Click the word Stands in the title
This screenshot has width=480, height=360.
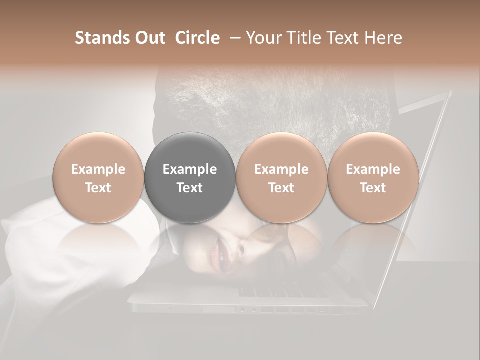(101, 38)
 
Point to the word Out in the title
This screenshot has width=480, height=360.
(149, 38)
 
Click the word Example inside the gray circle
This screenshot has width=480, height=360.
(190, 169)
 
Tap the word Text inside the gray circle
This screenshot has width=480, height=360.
(190, 188)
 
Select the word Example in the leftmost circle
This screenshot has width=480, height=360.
(98, 169)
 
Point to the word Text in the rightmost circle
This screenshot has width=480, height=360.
(373, 188)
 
